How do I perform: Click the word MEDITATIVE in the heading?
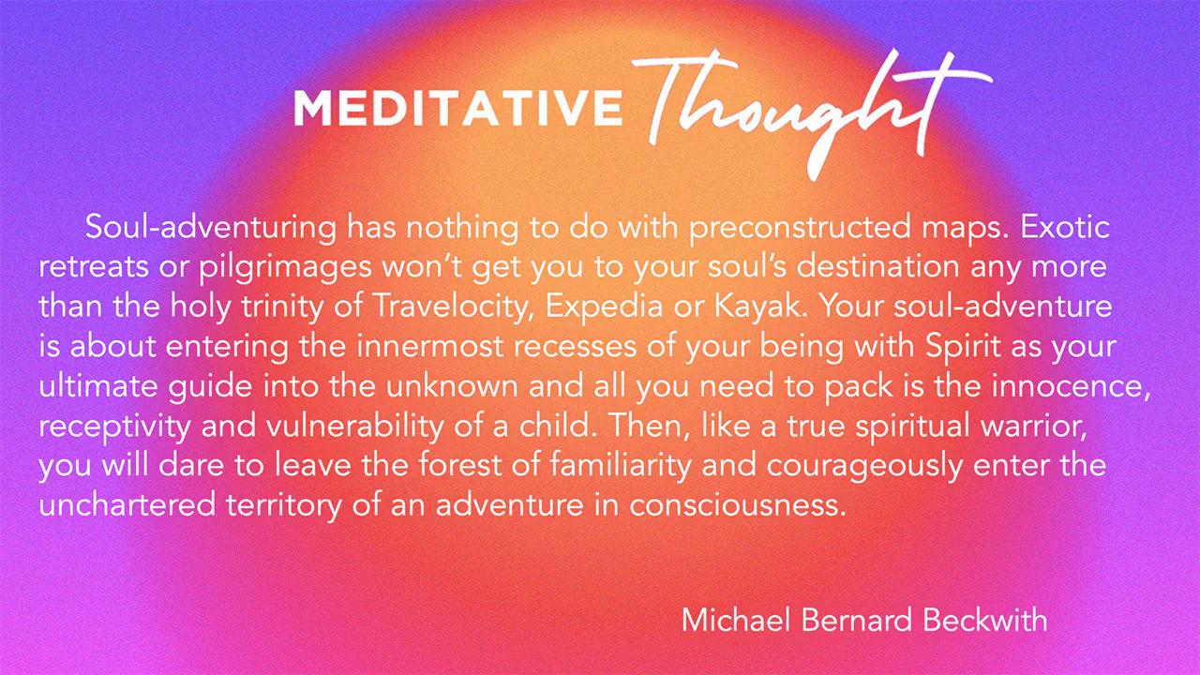point(458,108)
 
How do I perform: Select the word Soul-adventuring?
point(211,228)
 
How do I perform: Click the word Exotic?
point(1064,227)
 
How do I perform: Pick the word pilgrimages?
point(285,268)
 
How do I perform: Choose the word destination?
point(877,266)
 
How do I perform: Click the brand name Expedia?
point(604,307)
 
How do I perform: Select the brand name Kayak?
point(760,307)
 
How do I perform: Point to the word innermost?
point(429,346)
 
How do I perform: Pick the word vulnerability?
point(354,427)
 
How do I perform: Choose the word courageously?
point(864,467)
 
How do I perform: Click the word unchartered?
point(127,504)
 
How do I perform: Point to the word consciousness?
point(738,506)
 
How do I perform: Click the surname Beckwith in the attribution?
point(985,621)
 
